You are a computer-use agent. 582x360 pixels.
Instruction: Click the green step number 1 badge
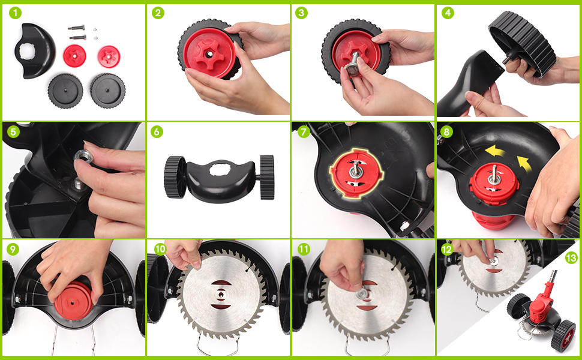click(15, 13)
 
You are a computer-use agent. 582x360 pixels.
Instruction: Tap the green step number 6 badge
click(157, 131)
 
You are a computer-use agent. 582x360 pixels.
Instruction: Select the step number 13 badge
click(572, 258)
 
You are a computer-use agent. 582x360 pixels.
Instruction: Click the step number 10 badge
click(160, 249)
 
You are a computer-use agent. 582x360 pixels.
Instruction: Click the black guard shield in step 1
click(35, 50)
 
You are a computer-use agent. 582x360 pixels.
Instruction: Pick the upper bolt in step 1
click(76, 28)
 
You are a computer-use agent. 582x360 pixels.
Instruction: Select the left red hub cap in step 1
click(74, 56)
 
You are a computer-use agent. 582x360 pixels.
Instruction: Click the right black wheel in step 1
click(107, 91)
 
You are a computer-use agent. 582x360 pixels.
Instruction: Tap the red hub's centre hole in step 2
click(209, 54)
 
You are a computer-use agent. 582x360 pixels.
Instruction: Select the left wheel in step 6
click(175, 177)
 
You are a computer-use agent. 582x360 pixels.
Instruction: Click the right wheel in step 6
click(267, 178)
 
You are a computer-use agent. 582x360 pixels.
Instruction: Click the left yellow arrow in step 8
click(495, 151)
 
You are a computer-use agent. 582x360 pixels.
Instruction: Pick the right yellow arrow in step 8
click(524, 163)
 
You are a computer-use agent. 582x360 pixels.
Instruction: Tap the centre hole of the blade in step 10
click(221, 295)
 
